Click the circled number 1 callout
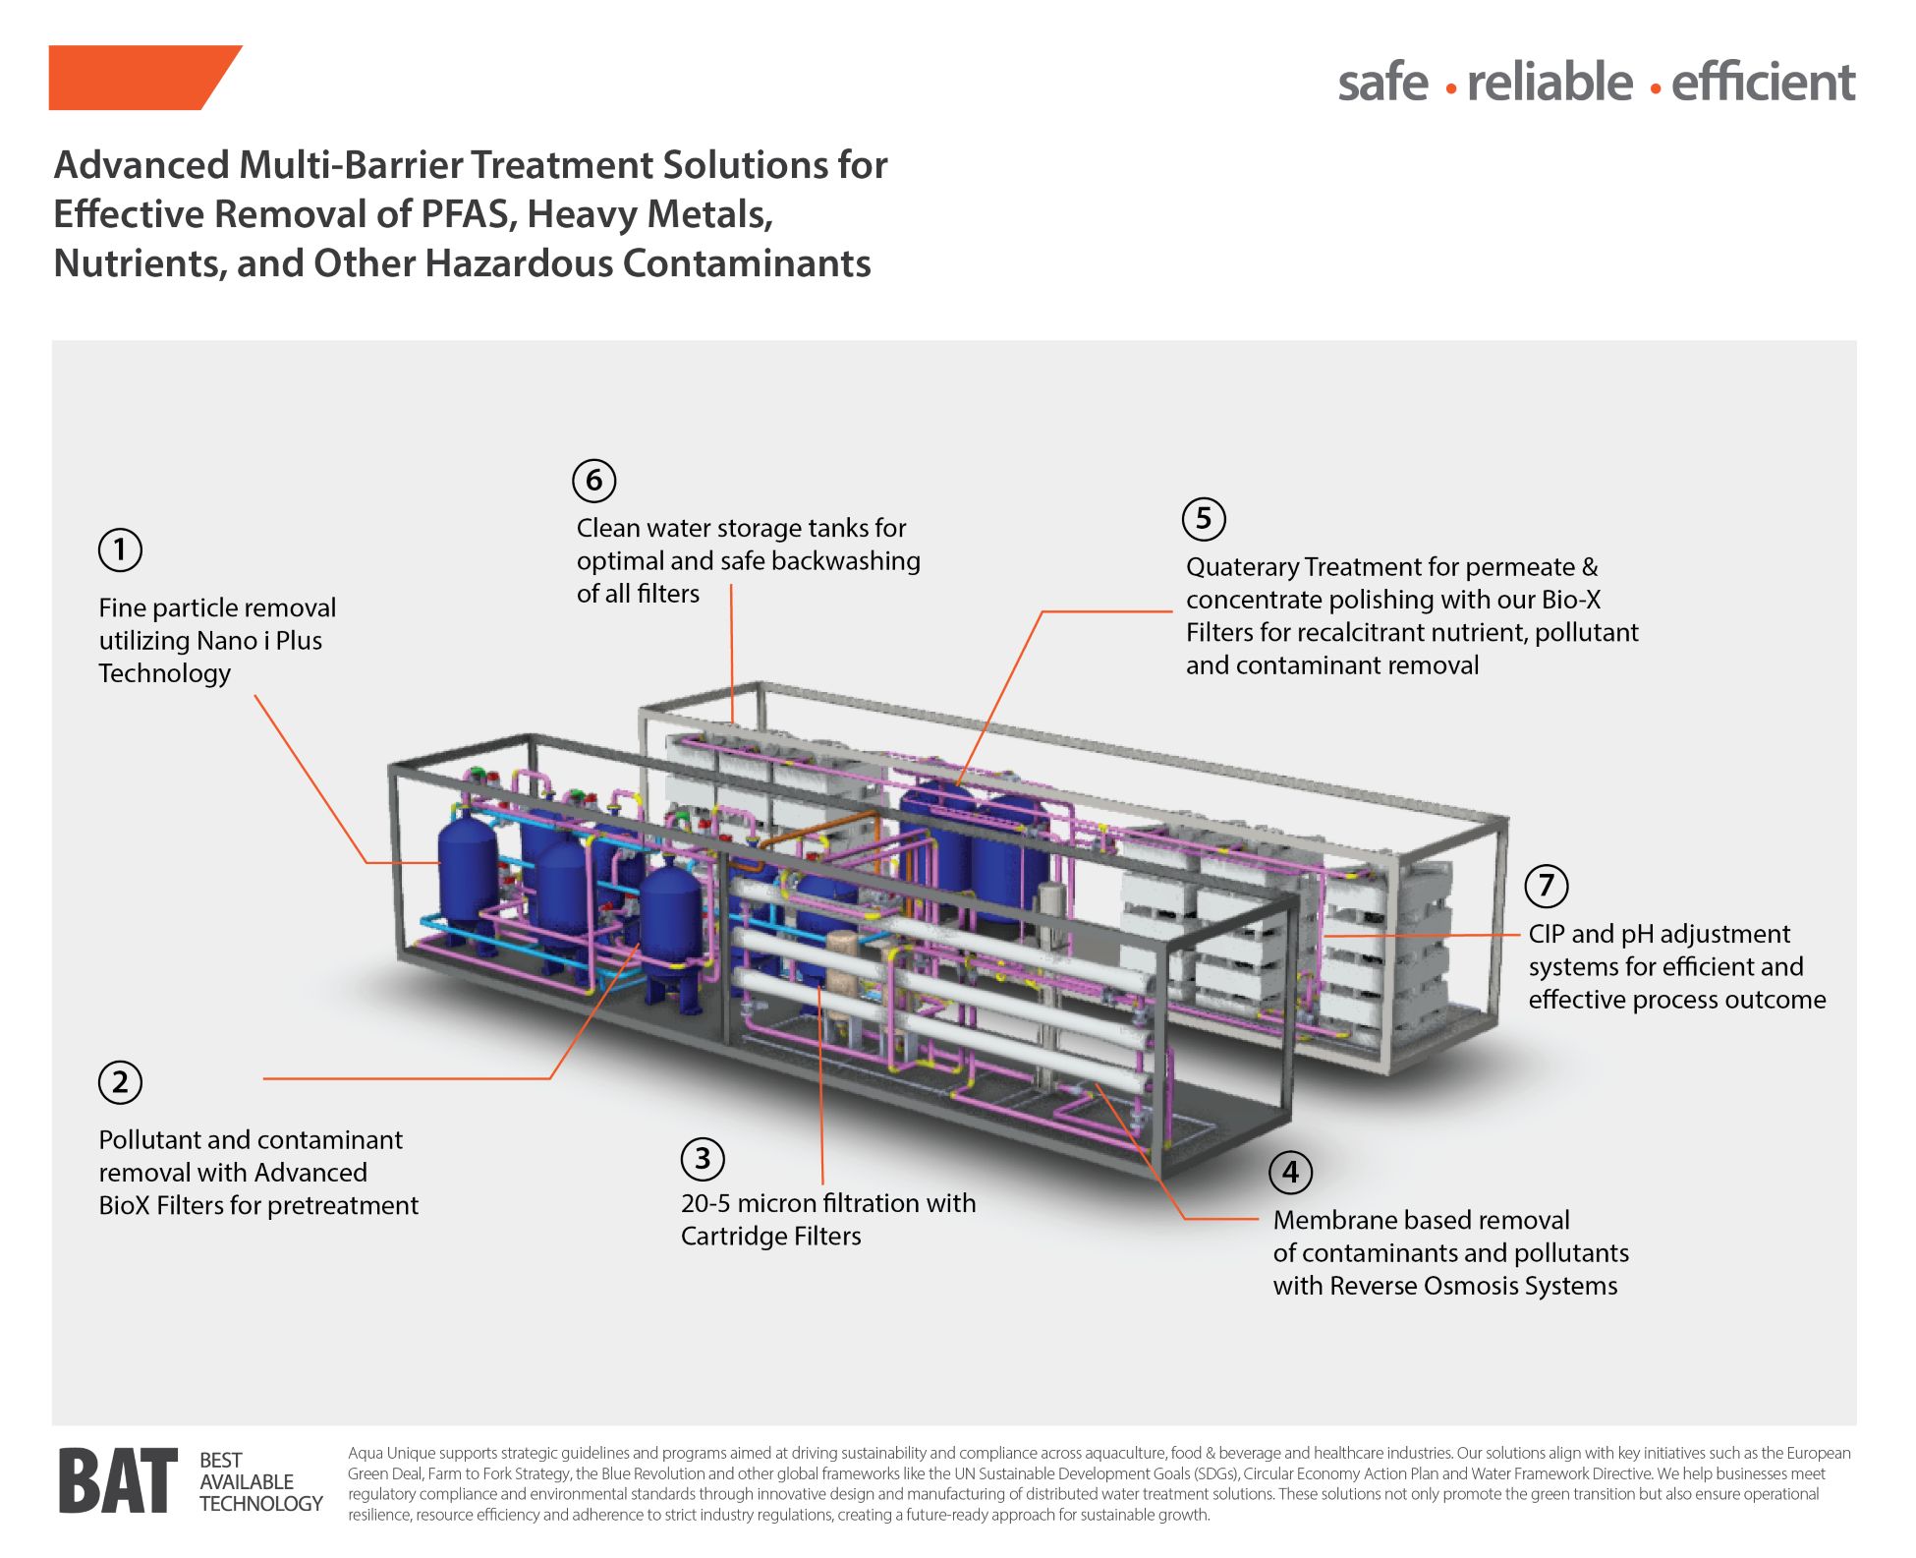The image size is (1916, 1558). [120, 549]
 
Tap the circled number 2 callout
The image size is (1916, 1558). [120, 1082]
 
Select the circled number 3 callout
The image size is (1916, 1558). [703, 1159]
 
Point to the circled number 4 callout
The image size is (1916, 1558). [1290, 1172]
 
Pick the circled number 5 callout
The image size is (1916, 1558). [1204, 519]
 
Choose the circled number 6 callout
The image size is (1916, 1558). [594, 481]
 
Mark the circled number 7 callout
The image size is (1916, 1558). [1546, 886]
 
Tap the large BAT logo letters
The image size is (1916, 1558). [118, 1481]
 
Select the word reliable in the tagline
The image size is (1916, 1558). [1550, 82]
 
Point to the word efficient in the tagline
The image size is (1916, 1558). [1763, 82]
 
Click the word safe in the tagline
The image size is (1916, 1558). [1382, 82]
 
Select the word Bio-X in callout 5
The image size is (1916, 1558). [1570, 600]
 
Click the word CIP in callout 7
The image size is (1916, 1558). [1547, 934]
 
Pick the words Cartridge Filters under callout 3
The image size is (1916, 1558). [770, 1236]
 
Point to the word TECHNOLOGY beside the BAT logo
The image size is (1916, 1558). [260, 1504]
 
